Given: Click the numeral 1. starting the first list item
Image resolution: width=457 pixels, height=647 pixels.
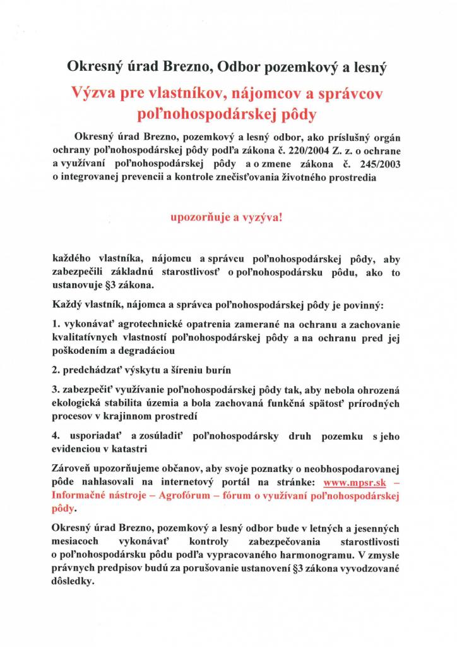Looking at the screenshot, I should pos(56,325).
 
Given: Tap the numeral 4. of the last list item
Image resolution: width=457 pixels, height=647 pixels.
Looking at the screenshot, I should pos(57,437).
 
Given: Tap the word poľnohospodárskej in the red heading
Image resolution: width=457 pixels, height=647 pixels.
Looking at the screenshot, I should pos(187,114).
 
